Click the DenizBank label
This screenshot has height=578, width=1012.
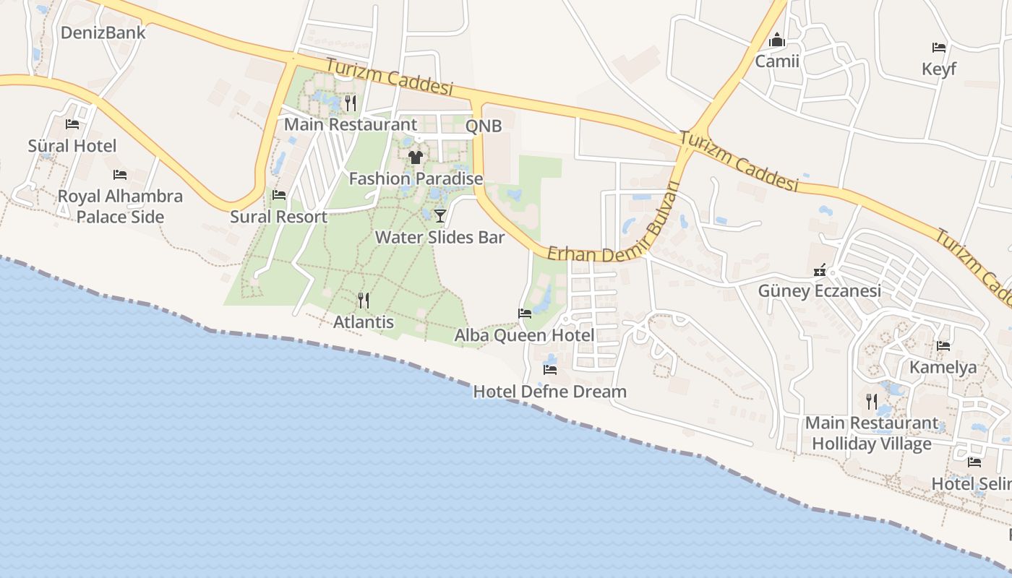[x=103, y=33]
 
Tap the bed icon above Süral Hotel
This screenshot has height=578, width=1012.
[x=72, y=124]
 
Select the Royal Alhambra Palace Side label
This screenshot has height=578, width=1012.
[x=120, y=207]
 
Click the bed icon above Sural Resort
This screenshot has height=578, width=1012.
[x=278, y=195]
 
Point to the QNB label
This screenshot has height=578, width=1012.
[x=484, y=126]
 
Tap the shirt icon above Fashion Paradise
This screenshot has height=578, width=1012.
[x=415, y=157]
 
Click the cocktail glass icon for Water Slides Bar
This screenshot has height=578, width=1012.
[x=439, y=215]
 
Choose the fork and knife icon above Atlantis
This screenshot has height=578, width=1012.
[x=364, y=300]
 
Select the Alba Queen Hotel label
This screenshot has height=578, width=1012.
[x=524, y=335]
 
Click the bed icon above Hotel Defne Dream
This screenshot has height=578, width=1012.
[x=550, y=370]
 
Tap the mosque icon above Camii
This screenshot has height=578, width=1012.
[x=777, y=40]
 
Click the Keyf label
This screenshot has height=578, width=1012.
[x=939, y=69]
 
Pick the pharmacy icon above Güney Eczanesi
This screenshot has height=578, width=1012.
[x=820, y=270]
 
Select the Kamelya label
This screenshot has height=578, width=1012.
[x=943, y=367]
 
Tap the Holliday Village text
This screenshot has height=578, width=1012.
[x=871, y=443]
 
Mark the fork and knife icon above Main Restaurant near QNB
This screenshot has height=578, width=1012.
[x=351, y=103]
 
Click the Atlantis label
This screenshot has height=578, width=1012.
[x=364, y=322]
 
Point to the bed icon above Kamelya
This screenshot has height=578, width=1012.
[x=943, y=346]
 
